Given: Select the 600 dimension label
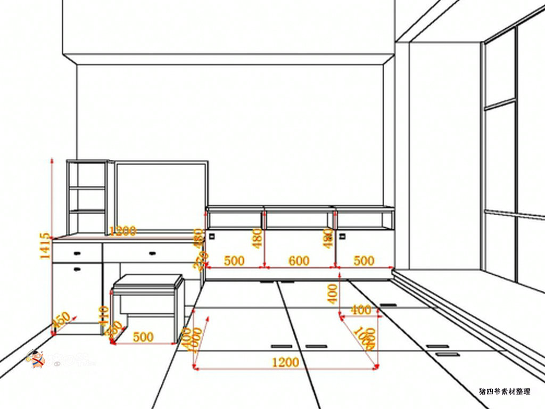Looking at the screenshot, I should [299, 261].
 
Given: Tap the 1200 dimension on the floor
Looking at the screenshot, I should [285, 363].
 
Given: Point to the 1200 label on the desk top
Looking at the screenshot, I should [122, 231].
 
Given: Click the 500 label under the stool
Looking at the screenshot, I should [143, 337].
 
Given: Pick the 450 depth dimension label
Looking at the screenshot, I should [61, 321].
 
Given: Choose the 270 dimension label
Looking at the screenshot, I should [199, 261].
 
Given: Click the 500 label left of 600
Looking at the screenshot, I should [234, 261].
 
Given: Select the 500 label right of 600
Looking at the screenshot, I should [364, 261].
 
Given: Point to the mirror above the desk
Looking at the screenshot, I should [161, 195].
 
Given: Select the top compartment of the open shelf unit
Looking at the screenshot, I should [87, 174].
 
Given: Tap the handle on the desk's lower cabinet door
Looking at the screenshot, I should [78, 269].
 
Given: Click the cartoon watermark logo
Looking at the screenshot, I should [36, 359].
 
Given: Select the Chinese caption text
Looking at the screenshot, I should [505, 391].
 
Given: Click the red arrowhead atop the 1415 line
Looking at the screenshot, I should [52, 160].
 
